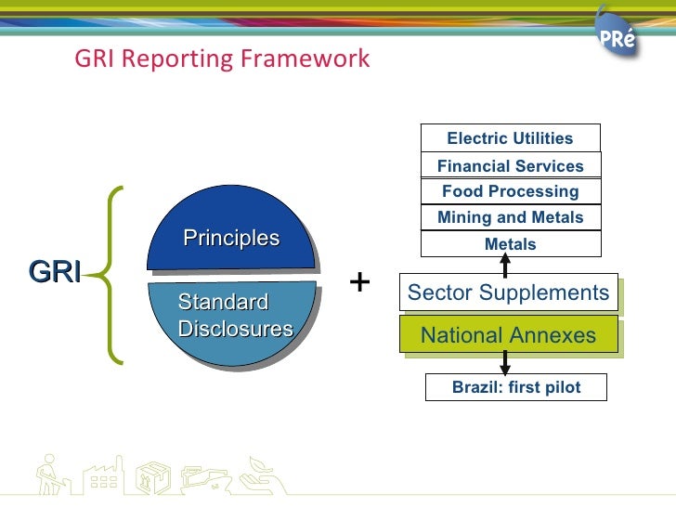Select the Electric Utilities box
pos(510,138)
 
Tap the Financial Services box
pos(510,166)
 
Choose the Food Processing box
pos(510,191)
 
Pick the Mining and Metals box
pos(510,218)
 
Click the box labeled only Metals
pos(510,244)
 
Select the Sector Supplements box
pos(508,293)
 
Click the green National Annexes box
pos(508,335)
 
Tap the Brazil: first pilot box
pos(515,387)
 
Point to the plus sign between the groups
pos(359,281)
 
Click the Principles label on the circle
pos(231,238)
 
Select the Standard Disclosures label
pos(234,316)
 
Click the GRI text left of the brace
pos(54,272)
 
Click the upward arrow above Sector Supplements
pos(505,265)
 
